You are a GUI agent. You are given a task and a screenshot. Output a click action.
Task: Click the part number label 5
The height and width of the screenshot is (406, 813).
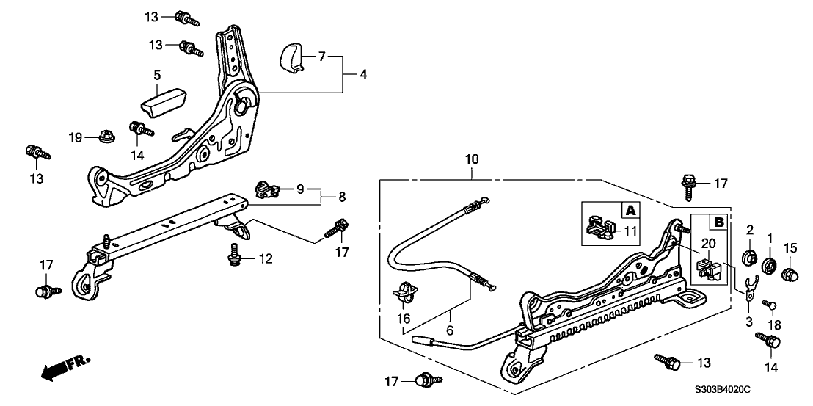156,75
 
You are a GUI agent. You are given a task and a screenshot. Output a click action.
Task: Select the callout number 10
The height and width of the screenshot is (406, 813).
471,159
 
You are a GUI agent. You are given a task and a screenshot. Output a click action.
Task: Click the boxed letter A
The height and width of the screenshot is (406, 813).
630,211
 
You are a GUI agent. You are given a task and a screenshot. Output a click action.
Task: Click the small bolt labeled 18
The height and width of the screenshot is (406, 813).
770,305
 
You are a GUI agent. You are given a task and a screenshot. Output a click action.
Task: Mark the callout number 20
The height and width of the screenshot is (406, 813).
708,244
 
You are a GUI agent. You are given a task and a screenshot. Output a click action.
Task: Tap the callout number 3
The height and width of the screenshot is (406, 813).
748,322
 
